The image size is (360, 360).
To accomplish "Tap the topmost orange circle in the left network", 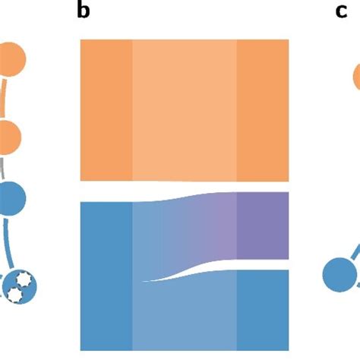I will pos(11,59).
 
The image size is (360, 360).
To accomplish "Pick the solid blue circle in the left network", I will pos(11,198).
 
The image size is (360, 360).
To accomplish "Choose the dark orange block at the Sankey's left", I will pos(106,110).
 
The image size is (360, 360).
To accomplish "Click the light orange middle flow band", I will pos(185,110).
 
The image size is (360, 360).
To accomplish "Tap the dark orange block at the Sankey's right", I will pos(263,110).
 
